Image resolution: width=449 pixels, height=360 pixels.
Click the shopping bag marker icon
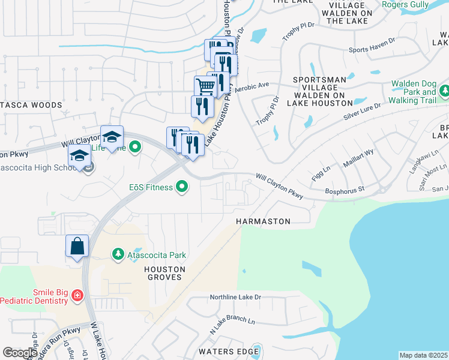(77, 246)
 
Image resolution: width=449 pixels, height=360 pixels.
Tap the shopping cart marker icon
(205, 87)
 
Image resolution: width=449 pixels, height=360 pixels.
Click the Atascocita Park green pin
(119, 255)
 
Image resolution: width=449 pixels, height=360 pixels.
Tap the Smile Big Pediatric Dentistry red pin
(77, 295)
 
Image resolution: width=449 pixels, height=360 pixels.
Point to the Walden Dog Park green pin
(444, 92)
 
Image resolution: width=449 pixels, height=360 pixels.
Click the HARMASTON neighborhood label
(263, 221)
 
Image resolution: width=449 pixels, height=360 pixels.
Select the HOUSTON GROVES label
(163, 274)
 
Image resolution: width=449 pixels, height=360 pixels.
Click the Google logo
(20, 353)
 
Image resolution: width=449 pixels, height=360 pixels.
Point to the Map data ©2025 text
(423, 355)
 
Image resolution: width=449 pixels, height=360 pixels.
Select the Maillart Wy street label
(359, 158)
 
